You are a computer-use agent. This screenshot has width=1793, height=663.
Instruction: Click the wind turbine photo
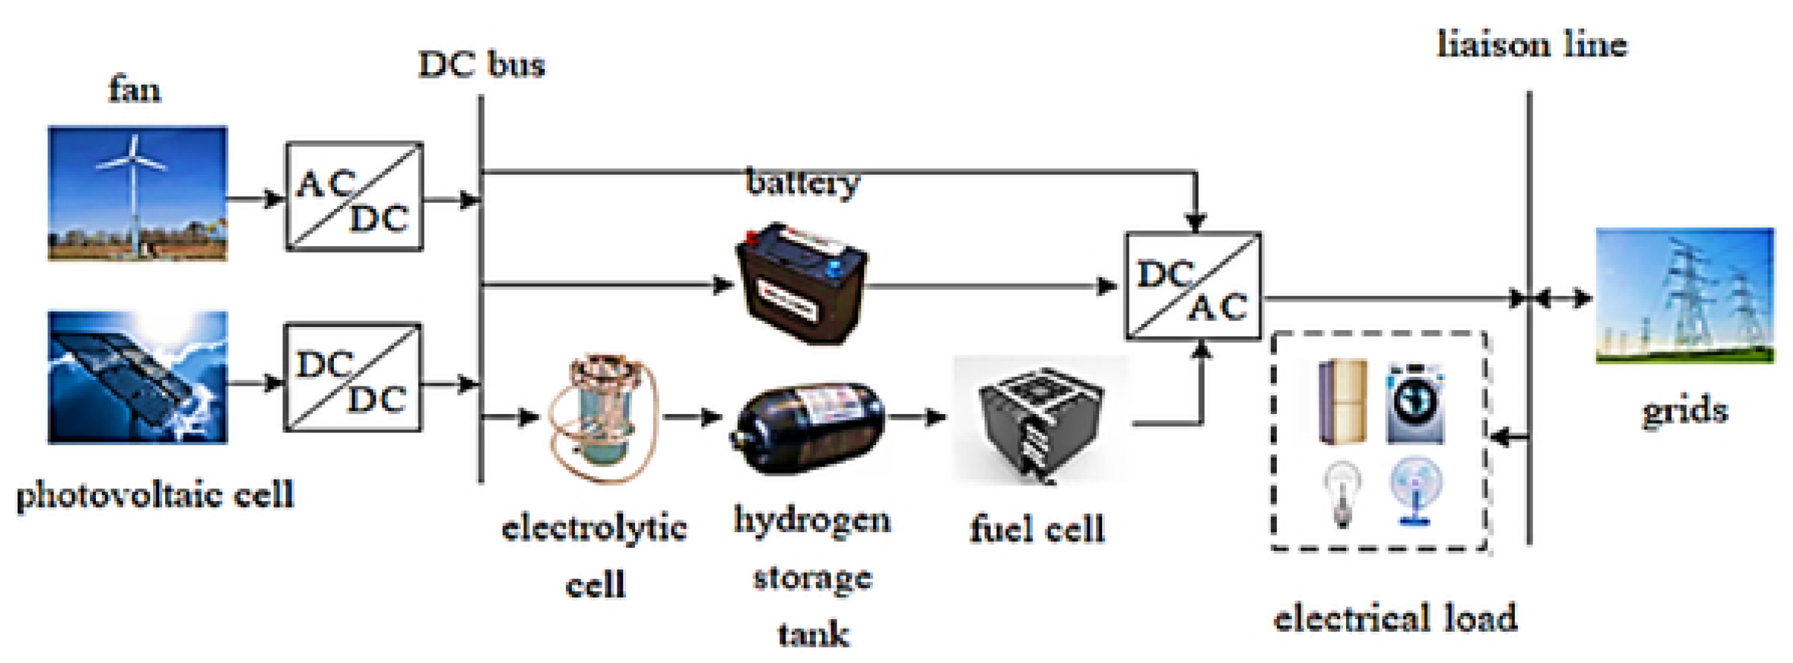point(138,193)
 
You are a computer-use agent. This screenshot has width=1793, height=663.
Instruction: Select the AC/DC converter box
point(354,197)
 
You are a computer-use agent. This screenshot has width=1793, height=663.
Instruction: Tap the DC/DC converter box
point(353,378)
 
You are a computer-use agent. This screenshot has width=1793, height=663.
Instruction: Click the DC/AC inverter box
point(1193,287)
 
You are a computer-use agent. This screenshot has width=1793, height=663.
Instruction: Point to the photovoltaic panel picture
point(138,378)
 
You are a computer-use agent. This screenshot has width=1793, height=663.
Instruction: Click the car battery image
point(802,282)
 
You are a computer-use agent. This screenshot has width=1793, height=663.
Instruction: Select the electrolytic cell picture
point(603,418)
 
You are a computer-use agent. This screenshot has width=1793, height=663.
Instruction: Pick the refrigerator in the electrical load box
point(1343,402)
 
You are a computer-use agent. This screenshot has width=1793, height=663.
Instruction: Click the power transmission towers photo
point(1684,296)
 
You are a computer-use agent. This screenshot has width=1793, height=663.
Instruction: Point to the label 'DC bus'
point(481,65)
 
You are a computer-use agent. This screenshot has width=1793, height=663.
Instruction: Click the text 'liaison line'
point(1531,45)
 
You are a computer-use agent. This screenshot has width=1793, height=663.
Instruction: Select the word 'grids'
point(1684,411)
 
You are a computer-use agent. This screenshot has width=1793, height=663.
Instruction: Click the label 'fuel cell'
point(1037,530)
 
